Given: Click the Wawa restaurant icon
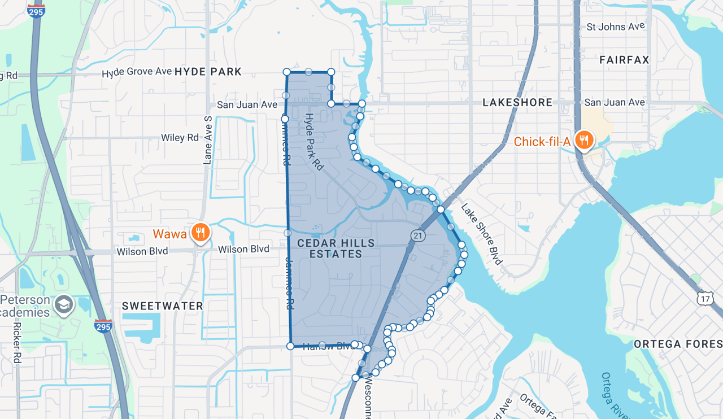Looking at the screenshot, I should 200,232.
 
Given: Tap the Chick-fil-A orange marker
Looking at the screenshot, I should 583,140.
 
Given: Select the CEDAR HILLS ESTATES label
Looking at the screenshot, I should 336,248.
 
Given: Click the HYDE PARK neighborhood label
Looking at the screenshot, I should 208,72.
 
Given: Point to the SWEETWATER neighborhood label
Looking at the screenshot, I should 163,306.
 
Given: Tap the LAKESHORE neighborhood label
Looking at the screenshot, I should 517,102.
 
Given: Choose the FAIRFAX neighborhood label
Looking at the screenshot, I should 624,59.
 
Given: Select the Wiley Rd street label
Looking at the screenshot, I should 180,137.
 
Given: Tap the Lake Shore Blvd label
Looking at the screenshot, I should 481,233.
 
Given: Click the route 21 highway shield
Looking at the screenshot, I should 417,236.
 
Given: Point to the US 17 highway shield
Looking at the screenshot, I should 705,298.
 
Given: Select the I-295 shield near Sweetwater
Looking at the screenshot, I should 103,326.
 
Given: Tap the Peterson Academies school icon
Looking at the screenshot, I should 64,305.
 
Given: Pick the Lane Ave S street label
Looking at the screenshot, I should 207,140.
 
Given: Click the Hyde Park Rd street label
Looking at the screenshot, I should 314,142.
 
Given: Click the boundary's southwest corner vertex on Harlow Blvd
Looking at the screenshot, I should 290,346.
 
